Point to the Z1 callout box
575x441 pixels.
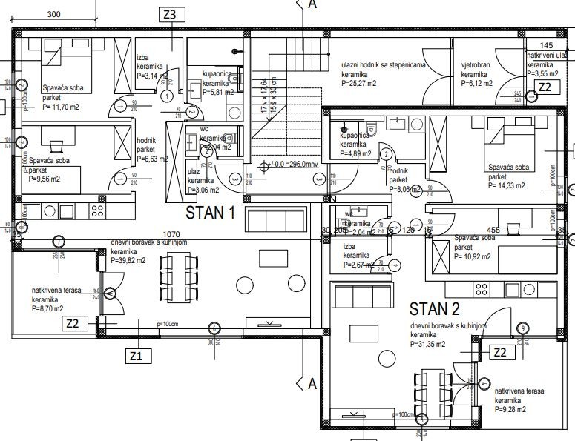135,356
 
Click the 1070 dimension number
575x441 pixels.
172,233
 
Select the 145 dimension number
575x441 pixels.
546,45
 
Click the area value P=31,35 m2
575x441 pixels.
429,345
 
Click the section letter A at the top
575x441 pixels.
312,5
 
